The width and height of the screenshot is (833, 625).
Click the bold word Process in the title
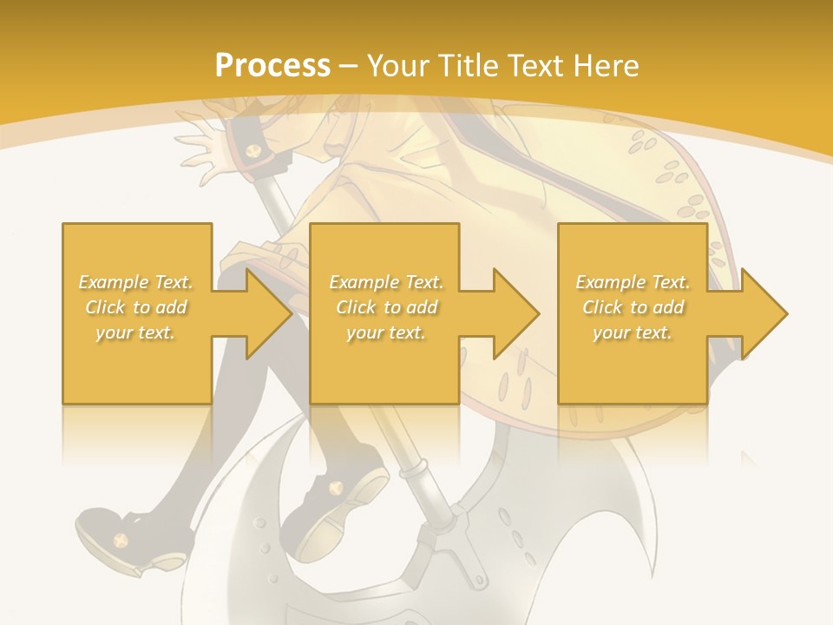click(272, 65)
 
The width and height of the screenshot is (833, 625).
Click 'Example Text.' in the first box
click(136, 282)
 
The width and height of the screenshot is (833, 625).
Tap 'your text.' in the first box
click(135, 332)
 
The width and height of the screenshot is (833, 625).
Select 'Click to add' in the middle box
click(386, 307)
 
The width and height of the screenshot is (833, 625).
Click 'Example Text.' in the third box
click(633, 282)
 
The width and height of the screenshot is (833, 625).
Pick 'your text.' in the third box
click(633, 332)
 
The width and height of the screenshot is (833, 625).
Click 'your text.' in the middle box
click(386, 332)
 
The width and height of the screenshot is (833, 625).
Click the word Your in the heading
click(399, 65)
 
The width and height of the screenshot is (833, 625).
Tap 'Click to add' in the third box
click(633, 307)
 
